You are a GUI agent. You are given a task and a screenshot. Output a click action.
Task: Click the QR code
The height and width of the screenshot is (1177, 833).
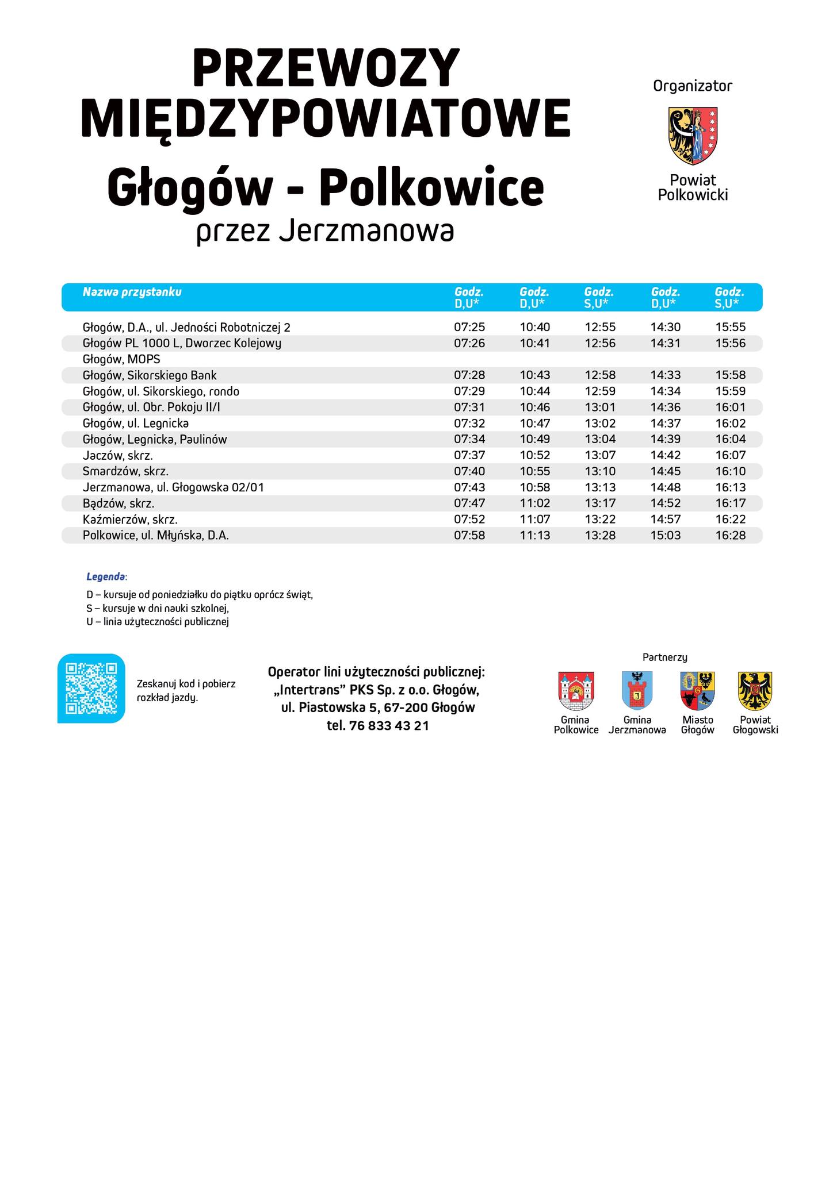tap(91, 688)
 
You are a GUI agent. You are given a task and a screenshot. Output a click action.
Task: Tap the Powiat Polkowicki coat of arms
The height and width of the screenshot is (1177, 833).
tap(693, 136)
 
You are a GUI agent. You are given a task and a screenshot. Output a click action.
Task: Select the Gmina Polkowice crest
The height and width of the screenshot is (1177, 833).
tap(576, 691)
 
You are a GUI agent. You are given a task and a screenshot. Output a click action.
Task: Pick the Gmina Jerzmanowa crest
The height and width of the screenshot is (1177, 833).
tap(637, 691)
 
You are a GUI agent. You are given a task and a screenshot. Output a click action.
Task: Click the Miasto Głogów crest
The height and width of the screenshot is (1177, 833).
tap(697, 691)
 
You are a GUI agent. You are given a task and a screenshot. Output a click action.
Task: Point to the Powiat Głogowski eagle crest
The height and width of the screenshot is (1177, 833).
tap(755, 691)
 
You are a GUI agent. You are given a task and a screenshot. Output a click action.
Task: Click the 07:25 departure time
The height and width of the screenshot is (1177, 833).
tap(469, 327)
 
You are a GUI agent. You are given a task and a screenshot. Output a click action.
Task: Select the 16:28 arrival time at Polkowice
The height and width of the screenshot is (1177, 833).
tap(730, 536)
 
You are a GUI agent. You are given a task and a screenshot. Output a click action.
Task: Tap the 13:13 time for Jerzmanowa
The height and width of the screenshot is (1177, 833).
tap(600, 487)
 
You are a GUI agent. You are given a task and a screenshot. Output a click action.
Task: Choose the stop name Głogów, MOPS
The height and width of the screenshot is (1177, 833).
tap(121, 359)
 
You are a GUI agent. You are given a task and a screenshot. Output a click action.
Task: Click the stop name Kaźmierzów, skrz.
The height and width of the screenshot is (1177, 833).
tap(130, 520)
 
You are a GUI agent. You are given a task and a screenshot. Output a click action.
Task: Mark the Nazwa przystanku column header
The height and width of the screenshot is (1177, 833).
tap(132, 292)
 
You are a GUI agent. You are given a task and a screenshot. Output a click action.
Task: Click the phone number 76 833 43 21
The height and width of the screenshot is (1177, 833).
tap(389, 725)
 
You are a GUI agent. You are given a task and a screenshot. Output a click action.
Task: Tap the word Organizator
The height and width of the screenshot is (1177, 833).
tap(693, 86)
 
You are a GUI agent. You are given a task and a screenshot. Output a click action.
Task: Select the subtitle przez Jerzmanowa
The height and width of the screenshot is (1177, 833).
tap(325, 232)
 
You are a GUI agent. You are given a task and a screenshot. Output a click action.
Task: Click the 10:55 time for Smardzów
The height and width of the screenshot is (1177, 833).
tap(535, 471)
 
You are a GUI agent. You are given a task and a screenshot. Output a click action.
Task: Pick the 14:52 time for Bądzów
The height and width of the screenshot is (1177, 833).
tap(666, 503)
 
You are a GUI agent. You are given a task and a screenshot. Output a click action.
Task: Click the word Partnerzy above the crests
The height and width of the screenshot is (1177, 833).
tap(665, 657)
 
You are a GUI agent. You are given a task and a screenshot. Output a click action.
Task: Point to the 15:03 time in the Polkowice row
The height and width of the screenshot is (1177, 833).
tap(666, 536)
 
